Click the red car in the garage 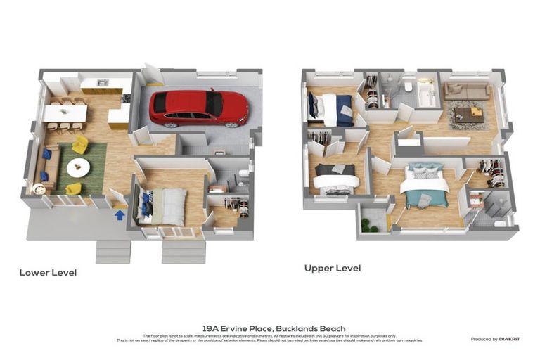click(x=198, y=108)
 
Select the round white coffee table click(x=78, y=167)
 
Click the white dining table click(x=66, y=113)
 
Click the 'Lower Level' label click(x=48, y=272)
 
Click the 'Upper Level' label click(x=333, y=268)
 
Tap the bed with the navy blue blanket click(x=334, y=110)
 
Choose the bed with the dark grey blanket click(x=335, y=177)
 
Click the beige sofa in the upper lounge click(x=466, y=91)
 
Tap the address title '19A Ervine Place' click(x=237, y=328)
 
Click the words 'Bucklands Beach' click(x=306, y=328)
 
